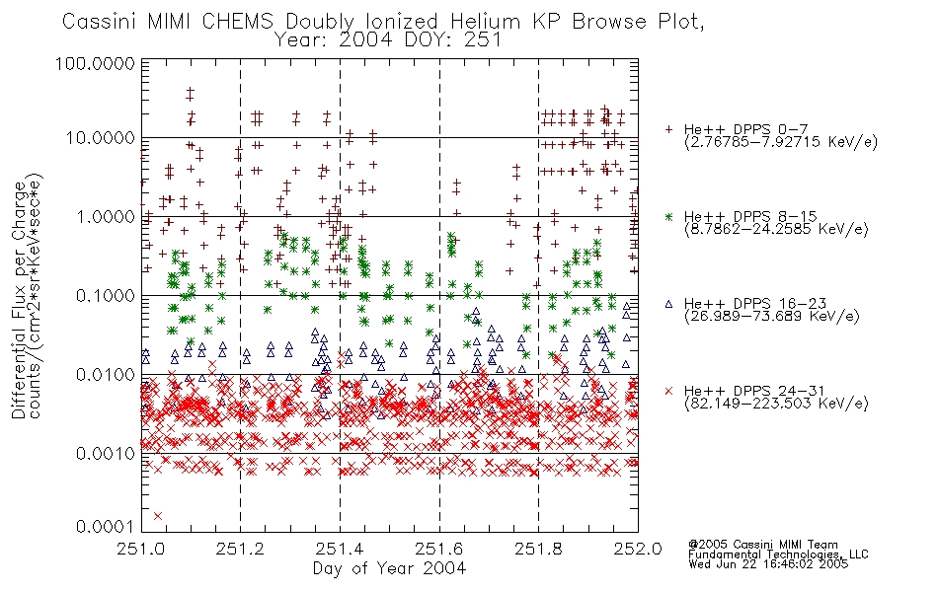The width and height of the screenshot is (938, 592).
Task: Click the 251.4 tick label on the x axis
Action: coord(340,549)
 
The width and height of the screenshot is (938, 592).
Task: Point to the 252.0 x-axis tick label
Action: coord(638,549)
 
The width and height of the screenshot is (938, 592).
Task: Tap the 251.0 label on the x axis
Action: coord(140,549)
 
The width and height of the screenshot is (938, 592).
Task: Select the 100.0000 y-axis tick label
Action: coord(95,63)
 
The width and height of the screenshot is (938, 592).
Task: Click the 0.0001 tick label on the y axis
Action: coord(106,526)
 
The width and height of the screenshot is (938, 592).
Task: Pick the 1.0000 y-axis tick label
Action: coord(106,216)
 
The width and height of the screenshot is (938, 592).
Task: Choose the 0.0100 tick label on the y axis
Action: coord(106,375)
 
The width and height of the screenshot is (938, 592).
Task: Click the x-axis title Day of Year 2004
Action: coord(389,568)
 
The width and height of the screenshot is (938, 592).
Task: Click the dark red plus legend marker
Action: coord(668,129)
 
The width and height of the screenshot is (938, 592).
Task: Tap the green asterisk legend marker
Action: coord(668,216)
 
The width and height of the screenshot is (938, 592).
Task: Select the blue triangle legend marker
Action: coord(668,304)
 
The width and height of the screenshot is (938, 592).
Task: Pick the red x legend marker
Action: coord(668,391)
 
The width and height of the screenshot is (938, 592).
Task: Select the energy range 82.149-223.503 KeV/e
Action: coord(776,404)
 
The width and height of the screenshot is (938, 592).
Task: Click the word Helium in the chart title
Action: coord(486,22)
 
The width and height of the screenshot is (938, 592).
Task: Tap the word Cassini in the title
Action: coord(101,22)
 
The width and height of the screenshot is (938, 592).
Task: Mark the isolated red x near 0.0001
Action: coord(158,515)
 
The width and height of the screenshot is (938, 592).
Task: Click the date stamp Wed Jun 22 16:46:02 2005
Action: coord(768,563)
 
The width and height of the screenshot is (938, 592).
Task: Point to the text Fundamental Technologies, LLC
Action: coord(778,555)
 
